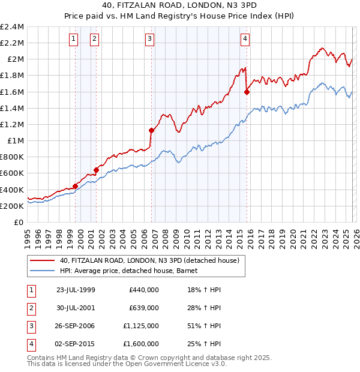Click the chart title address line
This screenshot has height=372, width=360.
point(180,6)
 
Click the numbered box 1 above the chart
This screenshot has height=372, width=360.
point(73,40)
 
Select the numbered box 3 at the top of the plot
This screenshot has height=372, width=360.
point(149,40)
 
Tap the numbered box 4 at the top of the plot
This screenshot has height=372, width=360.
point(245,40)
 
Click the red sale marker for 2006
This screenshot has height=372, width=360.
point(151,130)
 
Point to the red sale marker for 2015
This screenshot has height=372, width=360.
point(247,92)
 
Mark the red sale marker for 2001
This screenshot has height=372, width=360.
point(96,170)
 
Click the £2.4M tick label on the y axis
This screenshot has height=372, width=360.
point(12,27)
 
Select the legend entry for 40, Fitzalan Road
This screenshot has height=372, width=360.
point(149,260)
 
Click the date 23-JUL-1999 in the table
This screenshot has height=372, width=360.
point(76,289)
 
